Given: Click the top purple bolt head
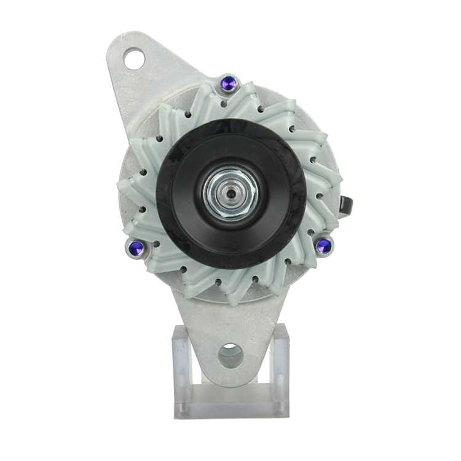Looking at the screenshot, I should pyautogui.click(x=229, y=83).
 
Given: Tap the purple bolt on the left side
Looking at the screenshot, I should pyautogui.click(x=137, y=248).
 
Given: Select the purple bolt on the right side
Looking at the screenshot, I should pyautogui.click(x=323, y=246).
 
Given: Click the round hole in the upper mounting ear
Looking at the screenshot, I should pyautogui.click(x=134, y=60).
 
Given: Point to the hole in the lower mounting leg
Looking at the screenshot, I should pyautogui.click(x=230, y=355).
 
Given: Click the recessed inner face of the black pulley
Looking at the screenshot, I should pyautogui.click(x=264, y=178).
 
